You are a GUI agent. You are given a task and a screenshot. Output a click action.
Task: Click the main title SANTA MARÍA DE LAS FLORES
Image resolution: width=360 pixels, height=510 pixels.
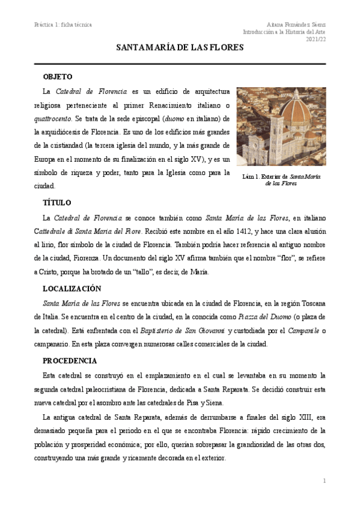click(x=180, y=49)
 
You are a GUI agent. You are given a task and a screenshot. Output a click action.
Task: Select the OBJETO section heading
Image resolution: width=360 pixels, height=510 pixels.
click(x=58, y=77)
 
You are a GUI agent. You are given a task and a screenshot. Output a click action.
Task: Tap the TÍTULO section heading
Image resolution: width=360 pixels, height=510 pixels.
click(x=57, y=203)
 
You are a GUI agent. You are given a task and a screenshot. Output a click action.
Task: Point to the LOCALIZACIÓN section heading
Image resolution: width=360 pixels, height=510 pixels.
click(x=72, y=289)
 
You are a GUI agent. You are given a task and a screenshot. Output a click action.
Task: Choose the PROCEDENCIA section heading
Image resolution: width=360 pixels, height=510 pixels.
click(x=70, y=361)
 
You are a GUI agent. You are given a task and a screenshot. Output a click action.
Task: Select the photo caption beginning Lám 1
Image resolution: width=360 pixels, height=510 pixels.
click(x=281, y=180)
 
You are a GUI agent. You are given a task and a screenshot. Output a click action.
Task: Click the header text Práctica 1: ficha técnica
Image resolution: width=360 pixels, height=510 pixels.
click(x=63, y=24)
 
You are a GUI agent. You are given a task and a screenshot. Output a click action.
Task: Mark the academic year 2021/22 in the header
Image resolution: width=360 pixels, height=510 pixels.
click(x=316, y=39)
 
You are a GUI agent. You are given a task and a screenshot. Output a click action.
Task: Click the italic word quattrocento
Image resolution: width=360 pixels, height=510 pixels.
click(x=53, y=118)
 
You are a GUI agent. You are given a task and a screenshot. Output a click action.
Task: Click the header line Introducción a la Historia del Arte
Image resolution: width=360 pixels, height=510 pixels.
click(x=284, y=31)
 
